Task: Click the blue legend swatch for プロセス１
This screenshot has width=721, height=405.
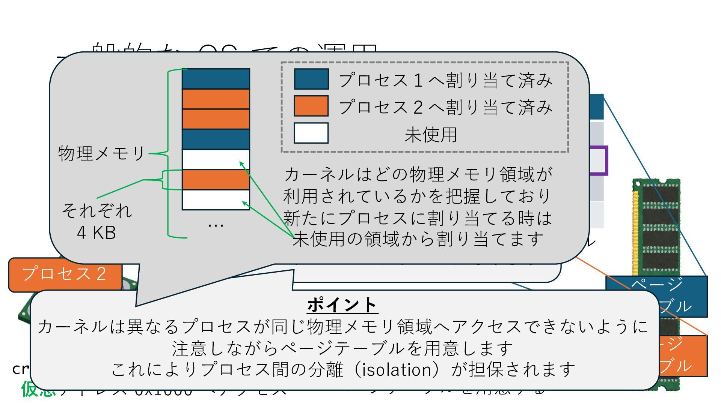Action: (311, 79)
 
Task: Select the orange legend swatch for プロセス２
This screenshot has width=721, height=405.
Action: (311, 106)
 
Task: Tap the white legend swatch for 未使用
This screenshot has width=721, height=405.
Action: (311, 133)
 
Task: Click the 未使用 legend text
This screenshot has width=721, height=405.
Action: (430, 135)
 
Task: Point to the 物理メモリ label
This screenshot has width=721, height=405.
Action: (101, 153)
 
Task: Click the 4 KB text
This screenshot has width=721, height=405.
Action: (96, 232)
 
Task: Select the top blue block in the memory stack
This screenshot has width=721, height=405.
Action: (216, 79)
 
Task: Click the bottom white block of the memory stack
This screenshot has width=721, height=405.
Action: (216, 200)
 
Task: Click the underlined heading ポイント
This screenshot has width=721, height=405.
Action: (342, 305)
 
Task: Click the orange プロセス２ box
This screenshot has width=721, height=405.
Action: (65, 274)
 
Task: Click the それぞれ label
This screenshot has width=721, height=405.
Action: (97, 211)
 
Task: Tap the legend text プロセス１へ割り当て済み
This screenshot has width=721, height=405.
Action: (445, 80)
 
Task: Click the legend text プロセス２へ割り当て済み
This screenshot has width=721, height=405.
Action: (445, 107)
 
